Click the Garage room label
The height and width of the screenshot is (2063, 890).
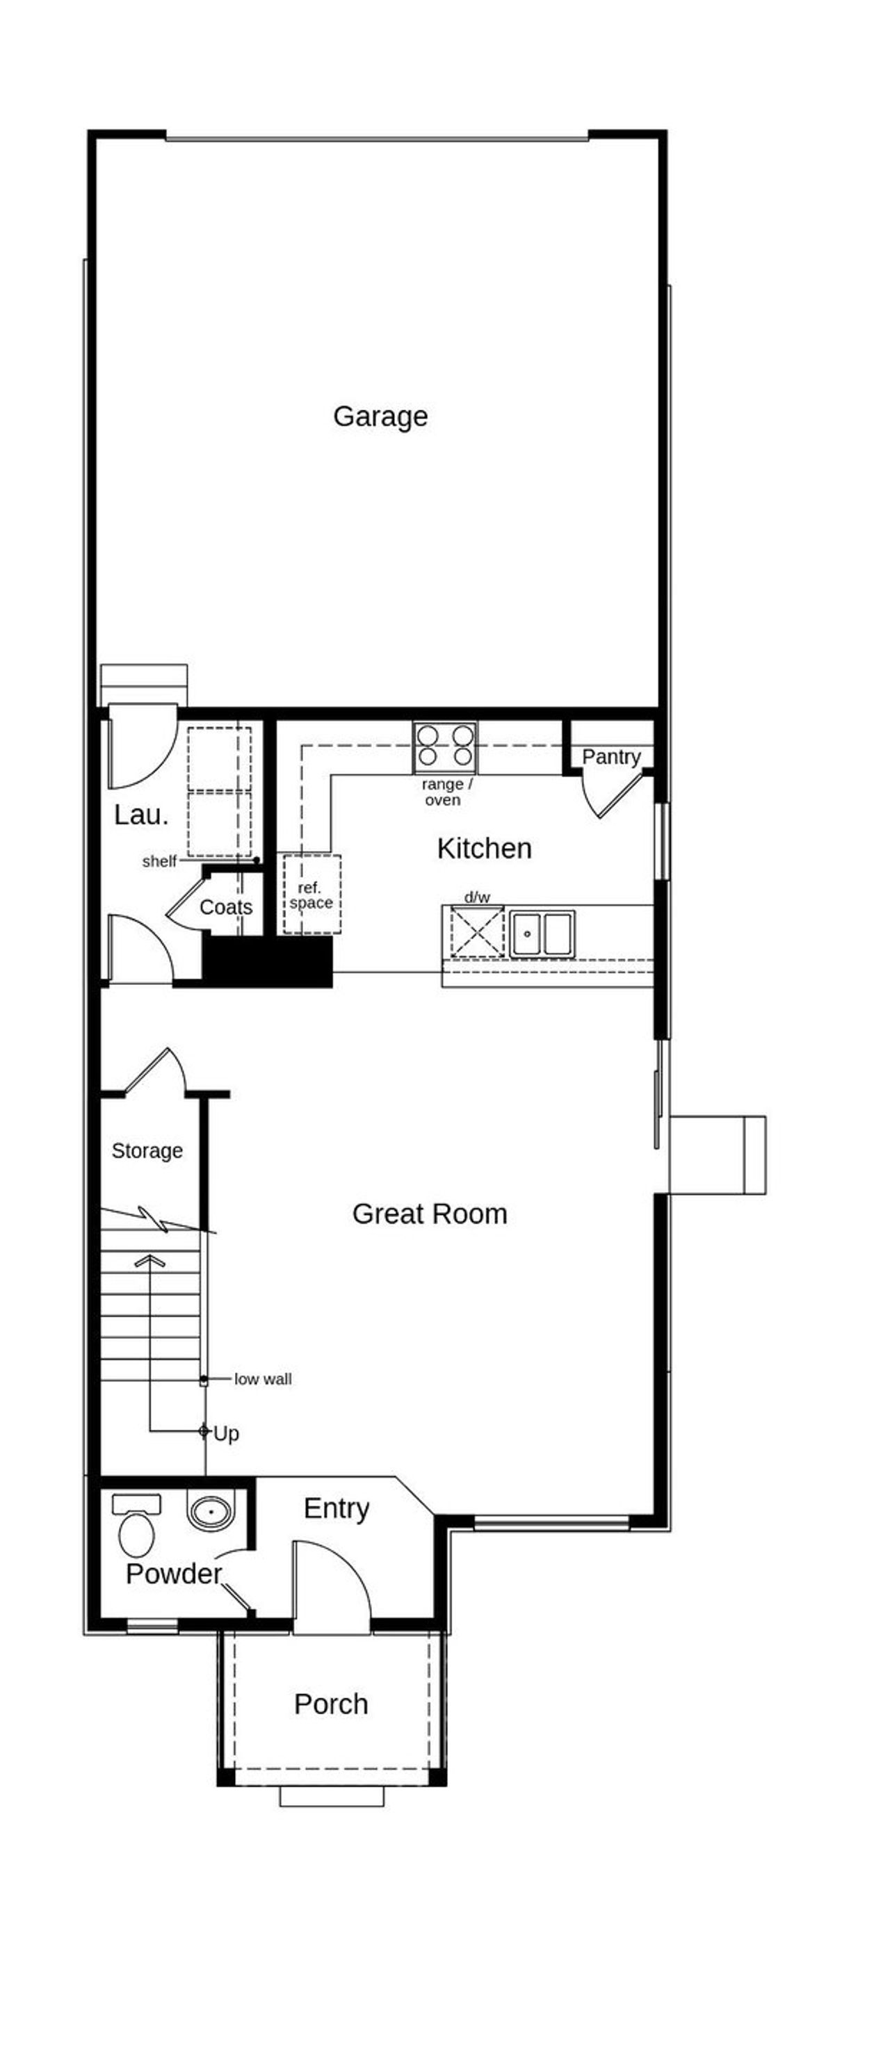pos(380,416)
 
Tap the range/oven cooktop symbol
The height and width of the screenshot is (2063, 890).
pos(444,746)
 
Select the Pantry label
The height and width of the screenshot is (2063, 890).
pos(610,757)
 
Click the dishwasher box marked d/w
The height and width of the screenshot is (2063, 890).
pos(477,931)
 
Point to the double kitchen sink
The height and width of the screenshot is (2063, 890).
pos(542,933)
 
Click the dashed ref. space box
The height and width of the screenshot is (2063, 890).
pos(311,895)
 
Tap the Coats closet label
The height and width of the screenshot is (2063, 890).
pos(225,907)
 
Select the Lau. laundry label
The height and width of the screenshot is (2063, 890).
pos(141,815)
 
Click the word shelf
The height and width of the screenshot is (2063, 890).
pos(159,862)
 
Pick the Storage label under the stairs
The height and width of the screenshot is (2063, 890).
pos(147,1151)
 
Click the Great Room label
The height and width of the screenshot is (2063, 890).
pos(430,1214)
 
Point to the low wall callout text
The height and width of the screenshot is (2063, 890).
pos(263,1379)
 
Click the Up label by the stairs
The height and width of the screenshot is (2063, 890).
pos(226,1433)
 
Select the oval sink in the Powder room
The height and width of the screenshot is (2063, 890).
pos(211,1511)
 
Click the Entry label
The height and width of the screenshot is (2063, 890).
pos(337,1509)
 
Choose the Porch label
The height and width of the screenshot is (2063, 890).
pos(331,1704)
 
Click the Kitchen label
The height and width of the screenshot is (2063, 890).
pos(484,849)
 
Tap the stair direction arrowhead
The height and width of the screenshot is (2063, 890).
pos(149,1262)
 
